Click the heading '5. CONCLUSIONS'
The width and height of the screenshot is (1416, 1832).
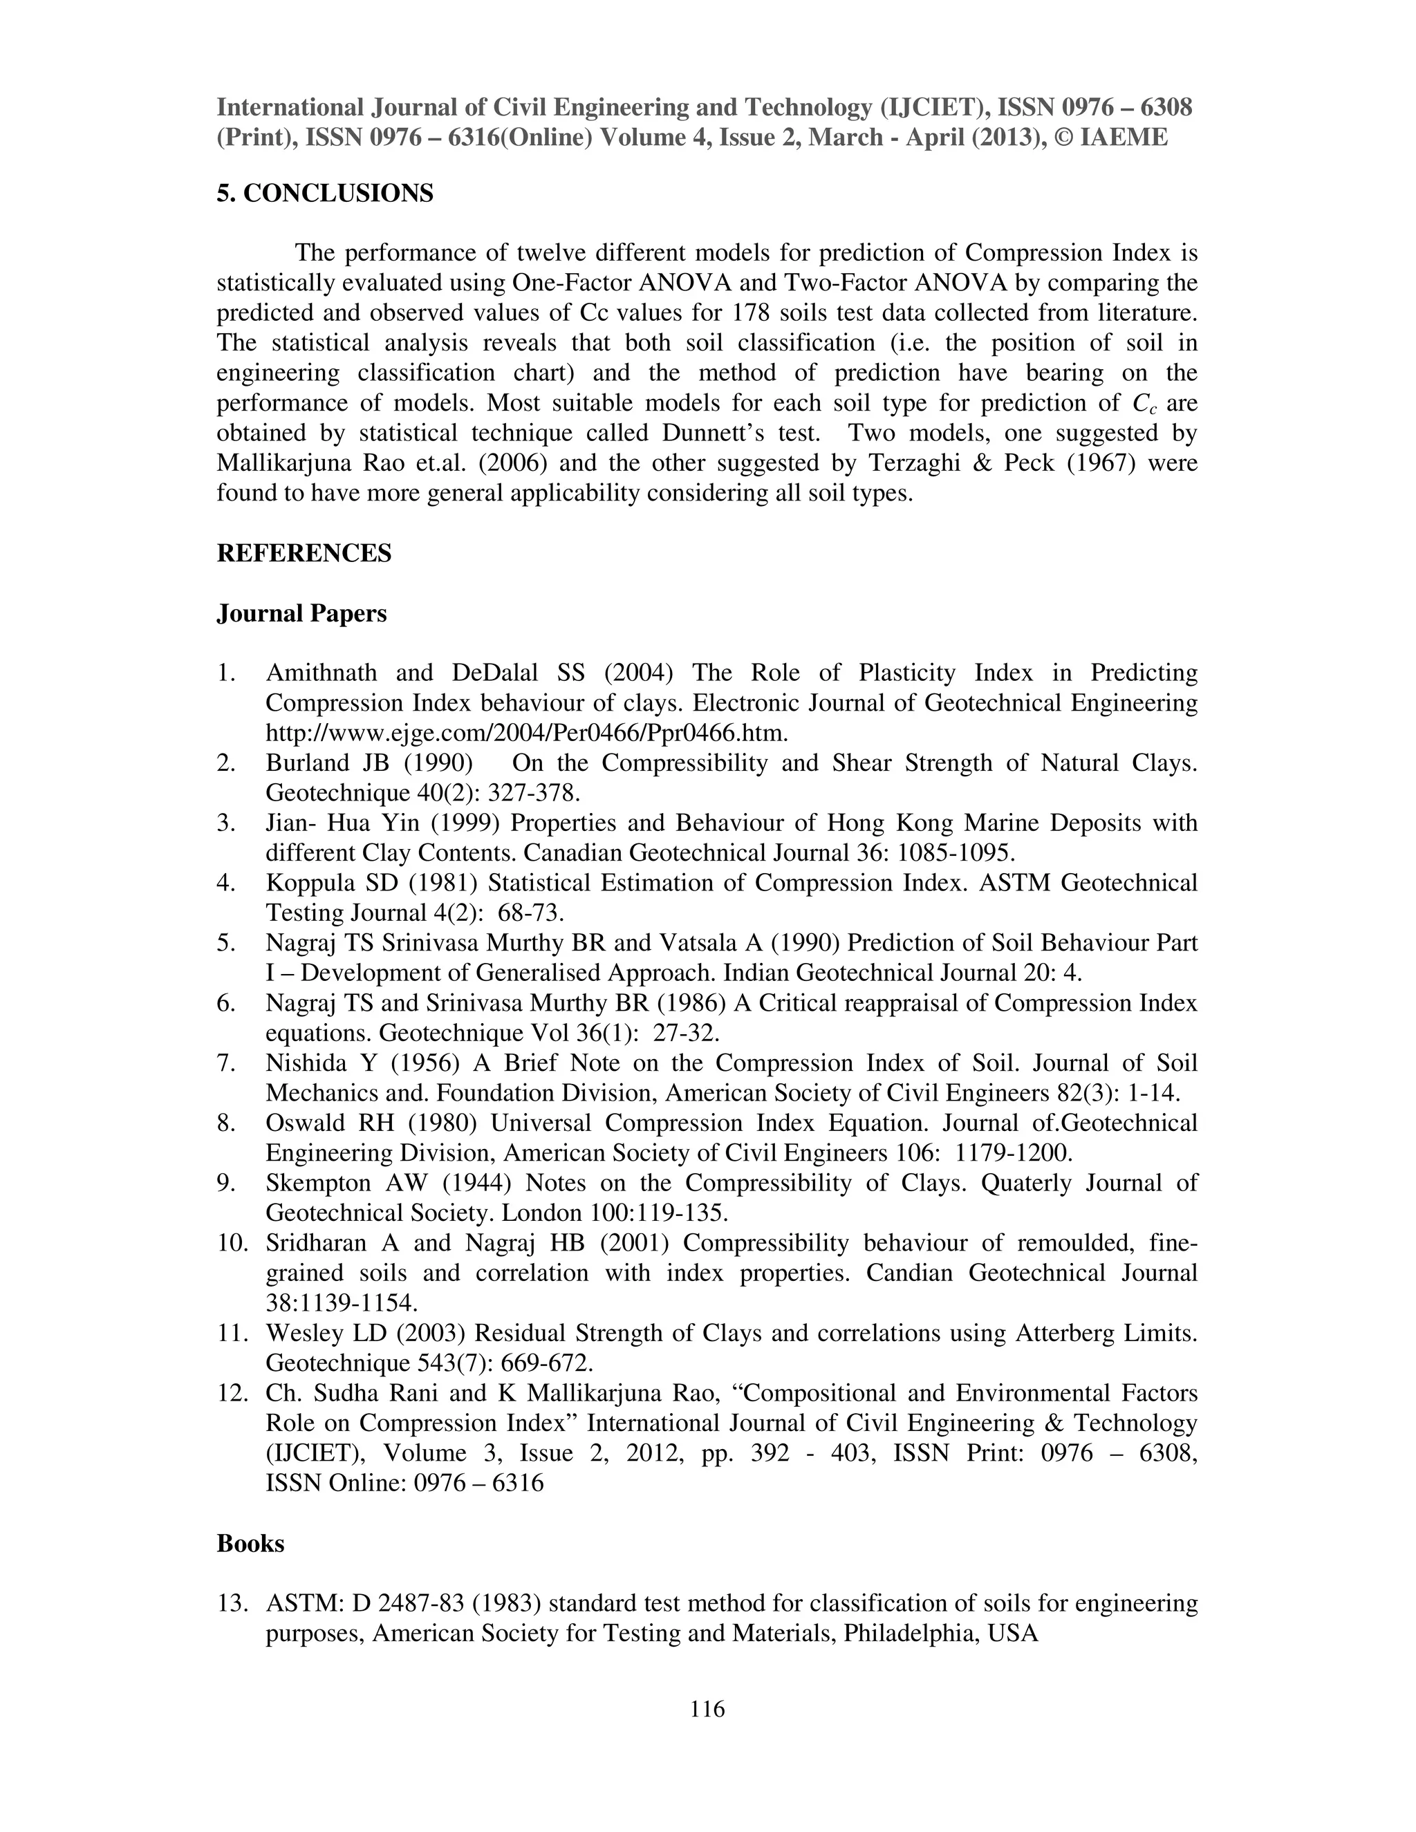[325, 194]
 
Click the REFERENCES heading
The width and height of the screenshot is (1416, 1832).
[304, 554]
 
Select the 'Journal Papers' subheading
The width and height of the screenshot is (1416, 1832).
[301, 614]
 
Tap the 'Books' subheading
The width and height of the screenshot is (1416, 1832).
[250, 1544]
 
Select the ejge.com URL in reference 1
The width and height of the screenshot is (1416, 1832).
[527, 733]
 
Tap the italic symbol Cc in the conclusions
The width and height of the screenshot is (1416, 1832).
[1144, 404]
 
